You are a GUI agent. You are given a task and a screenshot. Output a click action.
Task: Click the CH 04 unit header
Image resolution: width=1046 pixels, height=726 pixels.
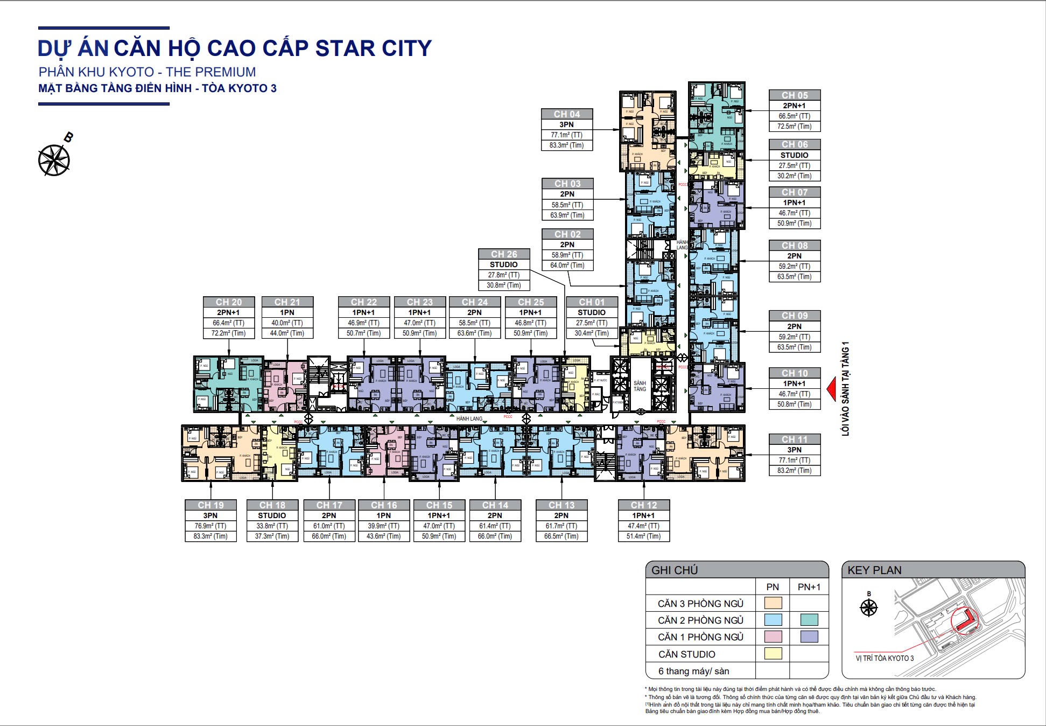(x=567, y=114)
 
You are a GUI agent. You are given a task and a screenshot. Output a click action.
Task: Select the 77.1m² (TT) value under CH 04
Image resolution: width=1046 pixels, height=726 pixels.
(x=567, y=135)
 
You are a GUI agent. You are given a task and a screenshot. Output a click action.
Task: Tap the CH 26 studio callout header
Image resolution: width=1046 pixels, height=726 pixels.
(x=504, y=254)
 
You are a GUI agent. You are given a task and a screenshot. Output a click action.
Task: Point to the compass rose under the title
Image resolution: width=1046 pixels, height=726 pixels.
(x=54, y=160)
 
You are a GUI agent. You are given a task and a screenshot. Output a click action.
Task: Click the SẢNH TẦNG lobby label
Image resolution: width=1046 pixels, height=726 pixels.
(x=640, y=386)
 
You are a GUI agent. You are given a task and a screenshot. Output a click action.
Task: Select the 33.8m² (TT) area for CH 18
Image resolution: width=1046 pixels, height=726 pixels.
(x=272, y=526)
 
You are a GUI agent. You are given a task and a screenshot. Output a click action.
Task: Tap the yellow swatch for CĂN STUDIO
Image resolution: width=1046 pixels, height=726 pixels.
(x=773, y=654)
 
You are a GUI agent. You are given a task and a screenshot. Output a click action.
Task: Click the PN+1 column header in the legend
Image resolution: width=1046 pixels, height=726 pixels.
(x=809, y=587)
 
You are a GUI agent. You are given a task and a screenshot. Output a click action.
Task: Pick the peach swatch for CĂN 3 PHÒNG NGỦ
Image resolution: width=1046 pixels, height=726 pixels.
(x=773, y=603)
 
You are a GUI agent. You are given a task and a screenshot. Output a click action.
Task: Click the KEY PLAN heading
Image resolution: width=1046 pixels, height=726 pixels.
(x=874, y=570)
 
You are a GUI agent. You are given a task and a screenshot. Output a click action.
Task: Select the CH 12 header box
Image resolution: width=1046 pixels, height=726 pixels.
(x=644, y=505)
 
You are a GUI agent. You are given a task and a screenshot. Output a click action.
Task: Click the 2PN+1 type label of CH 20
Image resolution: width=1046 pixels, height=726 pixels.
(x=229, y=313)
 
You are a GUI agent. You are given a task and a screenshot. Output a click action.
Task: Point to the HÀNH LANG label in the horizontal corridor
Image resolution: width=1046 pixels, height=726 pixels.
(x=469, y=418)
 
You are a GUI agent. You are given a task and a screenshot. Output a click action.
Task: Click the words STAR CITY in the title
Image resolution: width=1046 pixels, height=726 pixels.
(x=373, y=48)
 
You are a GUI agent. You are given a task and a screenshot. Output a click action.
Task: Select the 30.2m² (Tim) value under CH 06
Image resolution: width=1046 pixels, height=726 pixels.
(x=794, y=176)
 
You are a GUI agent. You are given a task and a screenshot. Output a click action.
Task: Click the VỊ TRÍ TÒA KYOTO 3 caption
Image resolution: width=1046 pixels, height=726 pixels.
(x=884, y=658)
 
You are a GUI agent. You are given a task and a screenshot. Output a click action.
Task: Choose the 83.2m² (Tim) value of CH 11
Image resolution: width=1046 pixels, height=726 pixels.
(x=794, y=471)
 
